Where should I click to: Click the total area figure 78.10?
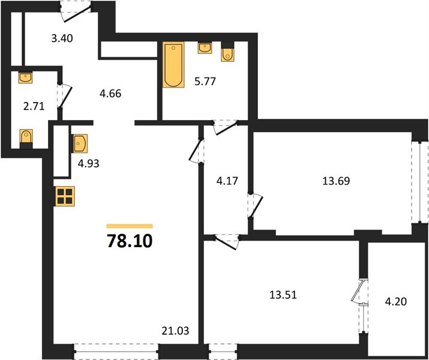click(x=130, y=241)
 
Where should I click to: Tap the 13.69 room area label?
click(x=336, y=181)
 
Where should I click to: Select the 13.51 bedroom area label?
click(x=283, y=295)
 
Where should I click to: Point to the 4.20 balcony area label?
click(x=395, y=302)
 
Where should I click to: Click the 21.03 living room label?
click(x=175, y=331)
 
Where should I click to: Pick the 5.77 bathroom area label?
click(x=205, y=81)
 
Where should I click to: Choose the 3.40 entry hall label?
click(x=62, y=38)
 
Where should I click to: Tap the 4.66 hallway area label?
click(x=110, y=94)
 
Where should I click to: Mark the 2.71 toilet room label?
click(x=34, y=106)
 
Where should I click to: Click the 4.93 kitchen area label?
click(x=88, y=164)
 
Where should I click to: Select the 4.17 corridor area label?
click(x=227, y=181)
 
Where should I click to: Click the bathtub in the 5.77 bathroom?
click(x=173, y=65)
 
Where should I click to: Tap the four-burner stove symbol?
click(x=65, y=196)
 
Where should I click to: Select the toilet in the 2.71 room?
click(x=26, y=139)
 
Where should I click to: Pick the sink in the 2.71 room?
click(x=25, y=77)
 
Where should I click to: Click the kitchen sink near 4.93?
click(x=80, y=143)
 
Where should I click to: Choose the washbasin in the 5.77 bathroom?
click(x=205, y=48)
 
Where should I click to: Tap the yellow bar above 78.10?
click(x=130, y=226)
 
